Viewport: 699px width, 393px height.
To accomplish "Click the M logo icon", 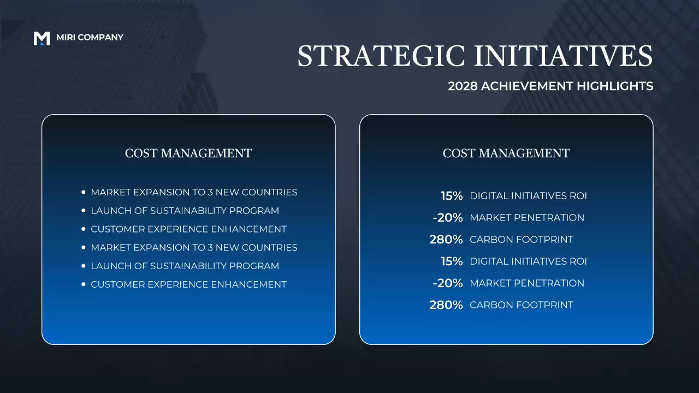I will pyautogui.click(x=42, y=38).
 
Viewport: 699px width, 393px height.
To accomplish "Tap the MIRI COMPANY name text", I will pyautogui.click(x=90, y=38).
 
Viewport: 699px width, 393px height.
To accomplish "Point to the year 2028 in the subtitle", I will pyautogui.click(x=463, y=86).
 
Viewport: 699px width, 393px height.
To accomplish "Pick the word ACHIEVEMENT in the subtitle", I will pyautogui.click(x=528, y=86).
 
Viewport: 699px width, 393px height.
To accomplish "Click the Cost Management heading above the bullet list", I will pyautogui.click(x=188, y=153).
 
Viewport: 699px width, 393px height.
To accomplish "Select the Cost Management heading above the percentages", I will pyautogui.click(x=506, y=153).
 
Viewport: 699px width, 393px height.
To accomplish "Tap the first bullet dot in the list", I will pyautogui.click(x=83, y=193).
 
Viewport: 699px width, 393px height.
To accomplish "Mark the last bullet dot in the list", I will pyautogui.click(x=83, y=284).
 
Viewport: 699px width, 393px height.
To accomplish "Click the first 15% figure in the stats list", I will pyautogui.click(x=452, y=196).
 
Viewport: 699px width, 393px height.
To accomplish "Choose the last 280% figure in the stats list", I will pyautogui.click(x=446, y=305).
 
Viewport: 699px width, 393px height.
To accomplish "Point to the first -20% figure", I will pyautogui.click(x=448, y=218).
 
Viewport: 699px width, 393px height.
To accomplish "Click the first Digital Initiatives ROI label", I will pyautogui.click(x=528, y=196).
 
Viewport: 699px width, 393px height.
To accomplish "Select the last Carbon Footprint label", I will pyautogui.click(x=522, y=305).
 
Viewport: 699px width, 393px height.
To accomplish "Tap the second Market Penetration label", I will pyautogui.click(x=527, y=283).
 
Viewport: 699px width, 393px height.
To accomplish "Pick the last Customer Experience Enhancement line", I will pyautogui.click(x=188, y=284).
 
